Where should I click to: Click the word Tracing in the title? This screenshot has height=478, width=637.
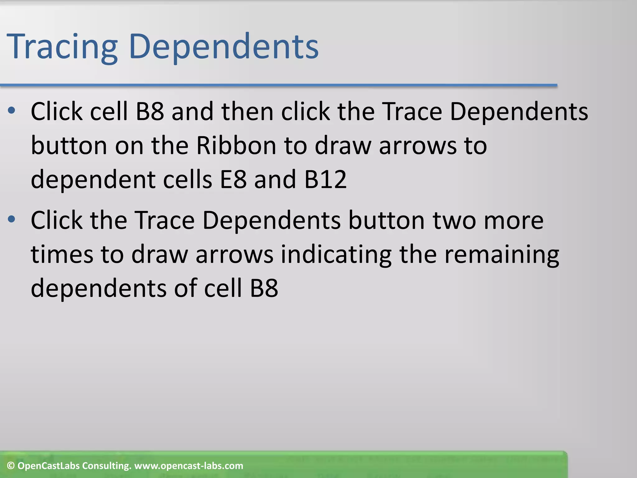[62, 47]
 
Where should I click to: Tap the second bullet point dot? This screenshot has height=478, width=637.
[12, 219]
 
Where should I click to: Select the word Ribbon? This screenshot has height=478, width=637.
[236, 146]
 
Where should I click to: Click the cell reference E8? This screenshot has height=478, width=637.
[233, 180]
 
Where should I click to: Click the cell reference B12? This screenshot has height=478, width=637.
[325, 180]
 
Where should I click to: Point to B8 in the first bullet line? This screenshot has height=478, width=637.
[150, 112]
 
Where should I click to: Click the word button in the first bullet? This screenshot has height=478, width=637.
[69, 146]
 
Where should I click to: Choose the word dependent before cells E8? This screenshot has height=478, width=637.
[93, 180]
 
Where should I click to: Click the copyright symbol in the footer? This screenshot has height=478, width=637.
[11, 466]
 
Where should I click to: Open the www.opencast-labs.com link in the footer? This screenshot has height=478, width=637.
[188, 466]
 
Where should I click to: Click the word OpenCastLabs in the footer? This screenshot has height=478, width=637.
[49, 466]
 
